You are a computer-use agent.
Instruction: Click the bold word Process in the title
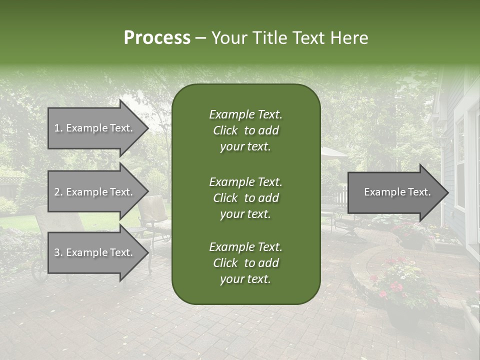pyautogui.click(x=157, y=38)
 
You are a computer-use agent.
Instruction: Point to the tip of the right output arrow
pyautogui.click(x=447, y=192)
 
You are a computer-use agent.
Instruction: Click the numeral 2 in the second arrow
pyautogui.click(x=57, y=192)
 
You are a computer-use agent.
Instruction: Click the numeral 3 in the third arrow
pyautogui.click(x=57, y=252)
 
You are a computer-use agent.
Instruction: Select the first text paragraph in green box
pyautogui.click(x=245, y=130)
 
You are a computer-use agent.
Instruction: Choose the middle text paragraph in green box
pyautogui.click(x=245, y=197)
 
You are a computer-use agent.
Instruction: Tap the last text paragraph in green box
pyautogui.click(x=245, y=263)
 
